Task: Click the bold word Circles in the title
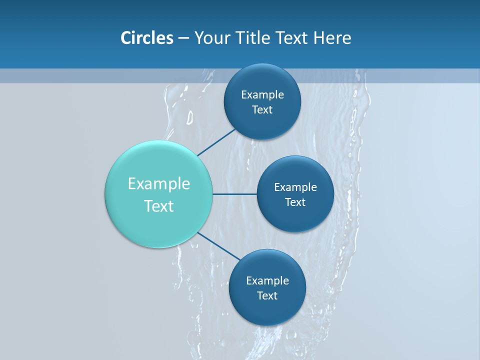[x=146, y=38]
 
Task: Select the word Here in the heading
[x=332, y=38]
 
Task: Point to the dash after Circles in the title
[x=183, y=38]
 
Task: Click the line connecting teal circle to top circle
[x=216, y=142]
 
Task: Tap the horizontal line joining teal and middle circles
[x=235, y=194]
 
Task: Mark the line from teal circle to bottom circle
[x=218, y=246]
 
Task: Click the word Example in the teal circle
[x=159, y=184]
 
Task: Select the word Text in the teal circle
[x=159, y=206]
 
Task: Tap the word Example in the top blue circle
[x=262, y=95]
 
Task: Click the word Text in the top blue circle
[x=262, y=110]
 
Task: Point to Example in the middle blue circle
[x=295, y=187]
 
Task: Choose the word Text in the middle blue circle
[x=295, y=202]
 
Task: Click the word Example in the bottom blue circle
[x=267, y=281]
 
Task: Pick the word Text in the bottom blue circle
[x=267, y=296]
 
